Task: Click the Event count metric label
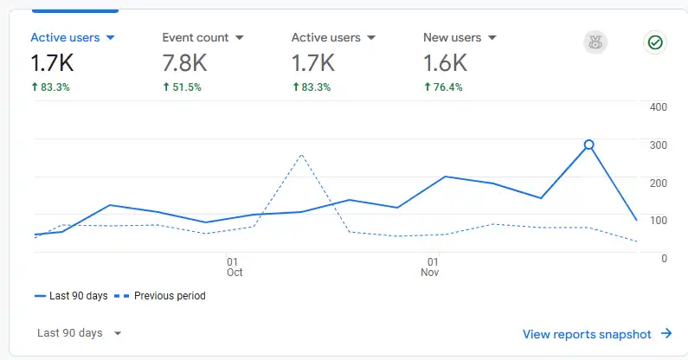196,37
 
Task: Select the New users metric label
453,37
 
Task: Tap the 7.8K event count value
184,62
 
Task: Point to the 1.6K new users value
445,62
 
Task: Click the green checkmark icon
655,42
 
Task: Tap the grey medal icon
595,42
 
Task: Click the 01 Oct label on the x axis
234,267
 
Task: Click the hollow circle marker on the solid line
589,145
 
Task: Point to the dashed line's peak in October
300,155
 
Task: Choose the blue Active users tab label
65,37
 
